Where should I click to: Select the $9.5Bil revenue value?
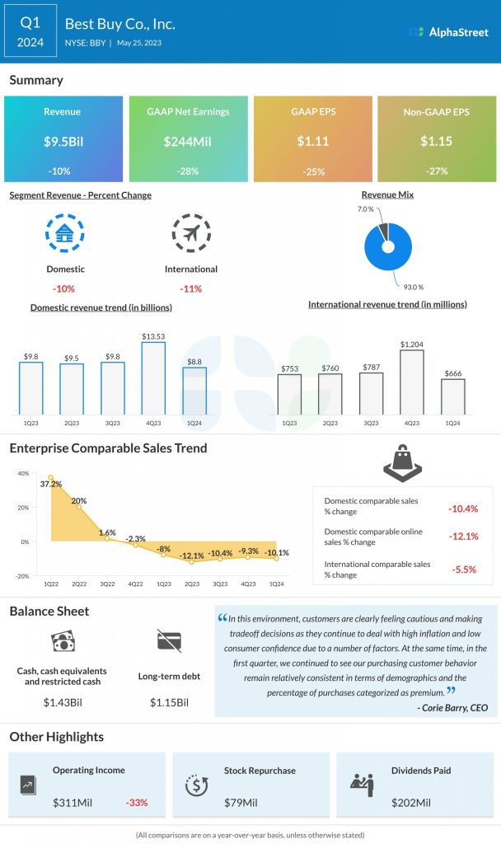(63, 141)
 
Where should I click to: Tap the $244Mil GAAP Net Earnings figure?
(188, 141)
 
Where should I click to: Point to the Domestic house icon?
(64, 233)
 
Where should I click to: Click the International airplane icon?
(191, 233)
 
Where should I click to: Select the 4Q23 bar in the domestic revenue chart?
(153, 377)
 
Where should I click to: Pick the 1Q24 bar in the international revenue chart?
(452, 396)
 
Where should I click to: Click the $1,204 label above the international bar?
(412, 344)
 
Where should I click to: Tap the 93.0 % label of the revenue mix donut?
(414, 286)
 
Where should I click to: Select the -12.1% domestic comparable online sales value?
(463, 537)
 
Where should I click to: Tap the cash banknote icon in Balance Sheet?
(63, 642)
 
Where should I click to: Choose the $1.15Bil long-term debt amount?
(169, 702)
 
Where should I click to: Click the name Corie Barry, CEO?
(452, 708)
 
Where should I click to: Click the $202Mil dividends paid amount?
(411, 802)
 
